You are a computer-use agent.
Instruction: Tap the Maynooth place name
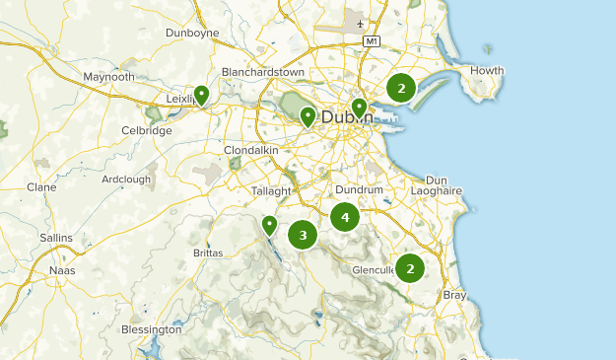click(x=108, y=76)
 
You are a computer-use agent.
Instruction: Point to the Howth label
click(x=487, y=70)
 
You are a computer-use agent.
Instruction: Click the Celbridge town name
click(x=147, y=130)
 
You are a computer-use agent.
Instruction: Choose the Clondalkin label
click(x=252, y=150)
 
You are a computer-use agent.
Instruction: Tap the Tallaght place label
click(x=271, y=190)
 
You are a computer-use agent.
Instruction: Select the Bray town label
click(x=455, y=295)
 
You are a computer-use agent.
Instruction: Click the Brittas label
click(x=208, y=252)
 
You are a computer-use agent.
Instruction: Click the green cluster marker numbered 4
click(x=344, y=216)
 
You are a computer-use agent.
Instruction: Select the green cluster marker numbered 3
click(x=303, y=235)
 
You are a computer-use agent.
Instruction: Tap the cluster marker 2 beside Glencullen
click(x=409, y=267)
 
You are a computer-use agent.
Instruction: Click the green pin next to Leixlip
click(x=201, y=95)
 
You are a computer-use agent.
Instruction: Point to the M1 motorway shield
click(x=371, y=41)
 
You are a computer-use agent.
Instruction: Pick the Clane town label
click(x=41, y=186)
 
